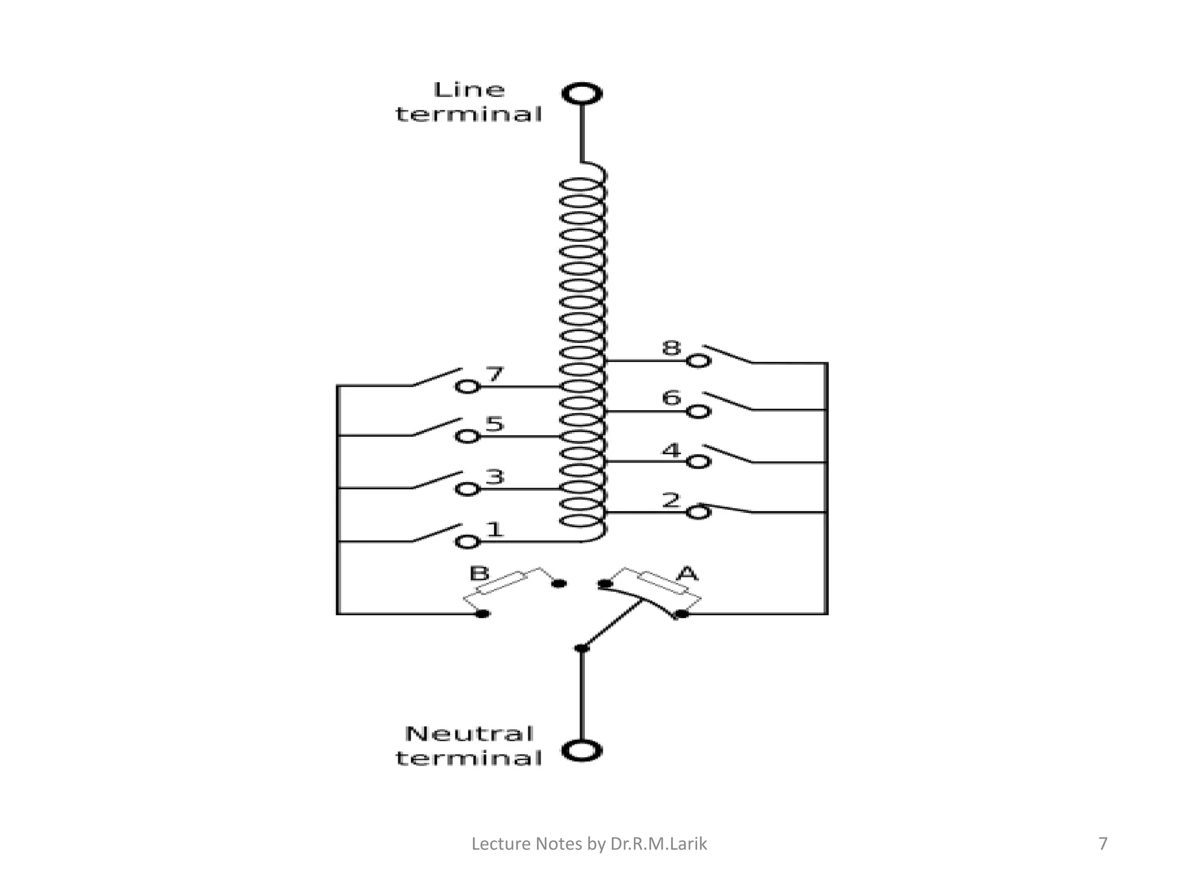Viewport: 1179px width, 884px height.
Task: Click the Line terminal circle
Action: point(582,94)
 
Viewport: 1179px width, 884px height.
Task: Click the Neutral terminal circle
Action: point(582,751)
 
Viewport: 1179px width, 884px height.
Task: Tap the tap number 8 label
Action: point(671,348)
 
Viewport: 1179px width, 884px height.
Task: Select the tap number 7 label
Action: point(495,374)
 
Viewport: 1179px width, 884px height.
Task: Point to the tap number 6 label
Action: point(671,398)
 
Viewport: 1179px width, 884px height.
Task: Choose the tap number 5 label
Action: point(495,424)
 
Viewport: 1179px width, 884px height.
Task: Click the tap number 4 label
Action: point(671,450)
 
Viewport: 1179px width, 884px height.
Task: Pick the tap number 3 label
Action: point(495,477)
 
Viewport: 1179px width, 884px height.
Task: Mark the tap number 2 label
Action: point(671,500)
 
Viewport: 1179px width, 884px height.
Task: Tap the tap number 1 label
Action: point(495,529)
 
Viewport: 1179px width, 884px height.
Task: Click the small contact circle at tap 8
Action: point(698,361)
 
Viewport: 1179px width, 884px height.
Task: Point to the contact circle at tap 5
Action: point(467,437)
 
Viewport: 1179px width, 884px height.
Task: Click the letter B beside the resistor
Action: point(479,573)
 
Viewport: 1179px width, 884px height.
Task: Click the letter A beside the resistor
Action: point(687,573)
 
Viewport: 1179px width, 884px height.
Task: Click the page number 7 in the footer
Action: point(1102,844)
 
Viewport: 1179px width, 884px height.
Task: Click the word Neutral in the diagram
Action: point(469,734)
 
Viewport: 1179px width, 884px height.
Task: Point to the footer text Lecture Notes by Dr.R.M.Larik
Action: point(589,844)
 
